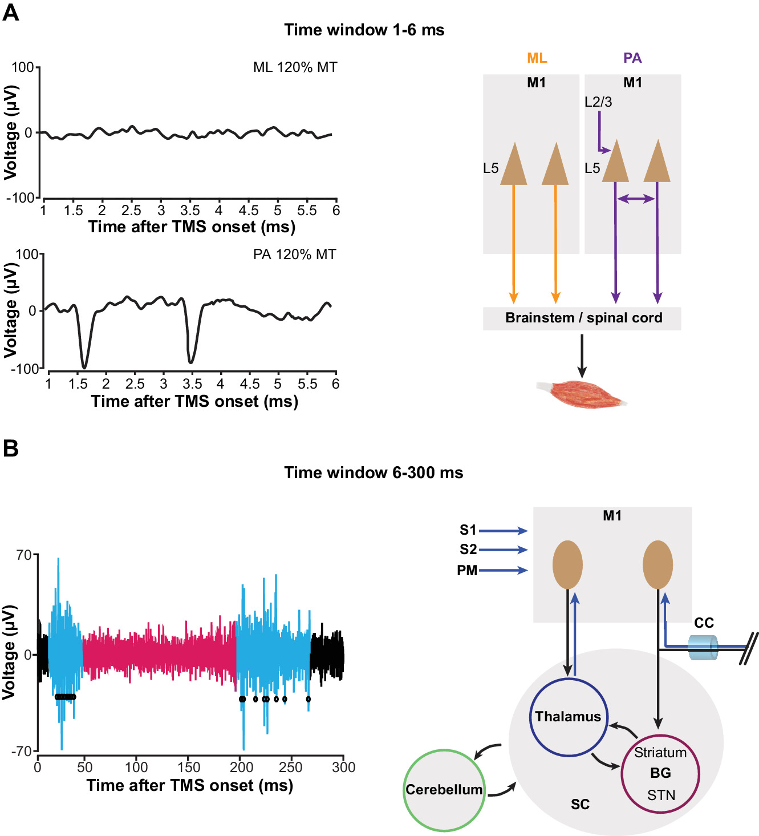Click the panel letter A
click(x=11, y=12)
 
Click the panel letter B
click(x=11, y=448)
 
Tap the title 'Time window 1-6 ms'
click(x=364, y=30)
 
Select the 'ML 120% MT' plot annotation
click(x=295, y=67)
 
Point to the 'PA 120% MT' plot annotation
click(x=295, y=254)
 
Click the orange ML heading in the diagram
click(x=537, y=58)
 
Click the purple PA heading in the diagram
click(x=632, y=58)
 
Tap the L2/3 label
click(x=598, y=102)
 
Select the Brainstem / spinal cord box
click(x=582, y=318)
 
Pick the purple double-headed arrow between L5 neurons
click(x=636, y=199)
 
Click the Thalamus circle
click(x=568, y=717)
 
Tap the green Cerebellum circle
click(x=444, y=790)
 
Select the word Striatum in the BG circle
click(x=660, y=753)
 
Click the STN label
click(x=661, y=795)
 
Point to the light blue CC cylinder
click(x=703, y=648)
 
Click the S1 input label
click(x=468, y=530)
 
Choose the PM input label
click(x=467, y=571)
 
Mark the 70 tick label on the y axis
click(x=23, y=555)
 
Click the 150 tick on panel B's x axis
click(x=189, y=767)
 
